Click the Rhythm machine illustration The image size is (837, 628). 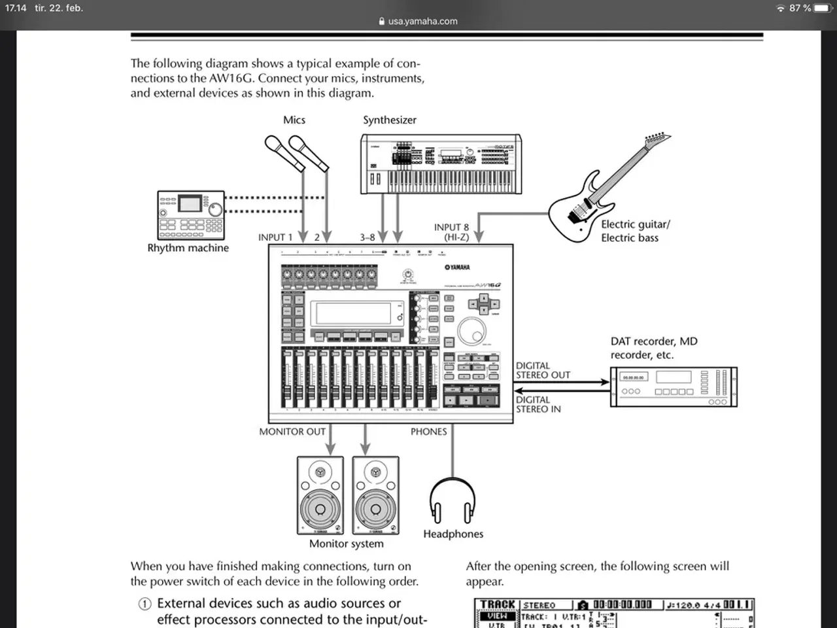click(191, 215)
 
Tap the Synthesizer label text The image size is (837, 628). click(390, 120)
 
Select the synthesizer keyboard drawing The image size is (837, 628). click(441, 164)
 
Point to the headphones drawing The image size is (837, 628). click(453, 500)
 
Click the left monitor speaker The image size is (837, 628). click(320, 495)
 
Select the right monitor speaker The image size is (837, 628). click(375, 495)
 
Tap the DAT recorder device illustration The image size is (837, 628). click(674, 387)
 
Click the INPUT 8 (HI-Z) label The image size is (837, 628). click(451, 232)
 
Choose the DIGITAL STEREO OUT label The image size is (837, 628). click(543, 370)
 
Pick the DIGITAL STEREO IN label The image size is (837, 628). click(538, 404)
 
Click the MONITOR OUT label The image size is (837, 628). click(292, 432)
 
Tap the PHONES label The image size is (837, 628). click(428, 432)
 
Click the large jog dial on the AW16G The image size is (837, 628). click(471, 331)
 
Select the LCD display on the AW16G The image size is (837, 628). click(358, 313)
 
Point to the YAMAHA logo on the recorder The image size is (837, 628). click(457, 267)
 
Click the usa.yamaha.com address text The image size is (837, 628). click(422, 21)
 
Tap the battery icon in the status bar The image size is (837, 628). click(822, 8)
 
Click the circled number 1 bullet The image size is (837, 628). click(145, 604)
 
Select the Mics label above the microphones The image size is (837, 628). click(294, 120)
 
